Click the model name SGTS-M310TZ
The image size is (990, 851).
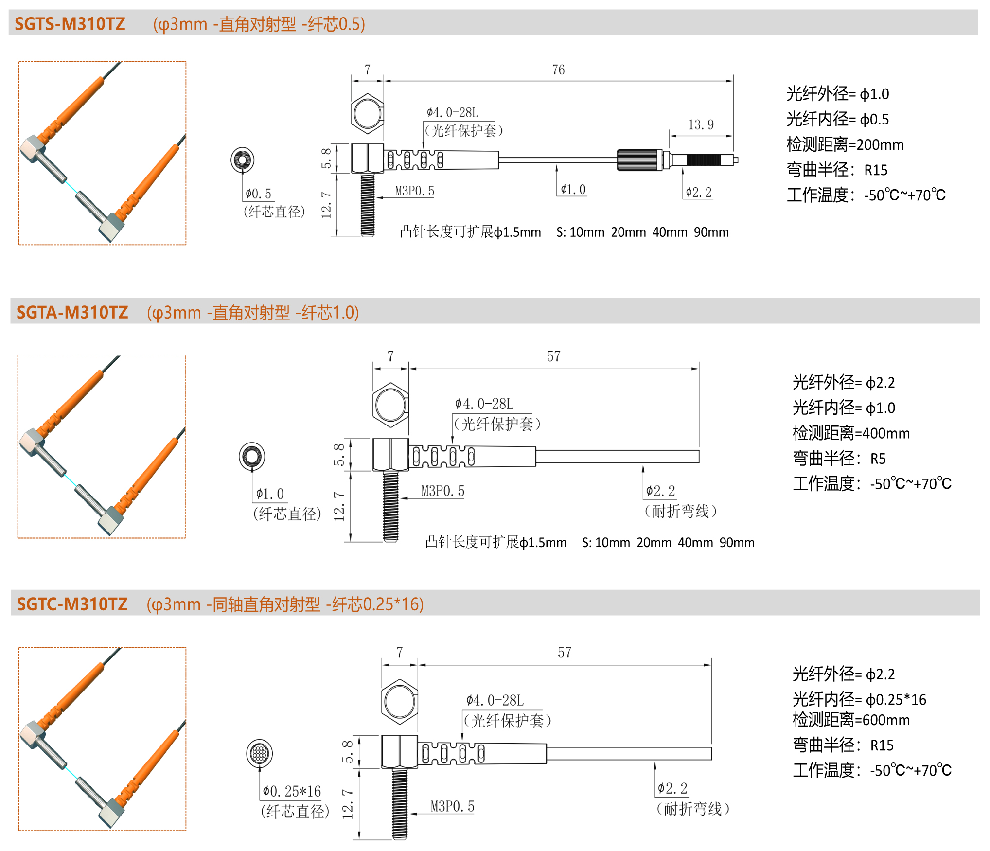(70, 24)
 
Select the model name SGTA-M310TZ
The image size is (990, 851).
(72, 312)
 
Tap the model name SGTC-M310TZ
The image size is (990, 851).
(72, 604)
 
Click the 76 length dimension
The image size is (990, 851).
(558, 70)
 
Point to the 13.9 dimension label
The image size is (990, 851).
(701, 125)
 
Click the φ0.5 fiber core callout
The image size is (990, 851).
(258, 194)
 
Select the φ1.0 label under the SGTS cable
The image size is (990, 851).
(573, 190)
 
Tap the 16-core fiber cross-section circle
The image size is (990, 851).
(259, 753)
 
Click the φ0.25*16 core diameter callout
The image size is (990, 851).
(292, 791)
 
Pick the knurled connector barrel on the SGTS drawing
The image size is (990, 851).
(639, 160)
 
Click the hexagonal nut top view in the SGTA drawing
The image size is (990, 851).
(390, 405)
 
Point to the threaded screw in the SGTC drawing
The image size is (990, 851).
(400, 804)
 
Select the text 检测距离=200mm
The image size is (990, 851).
(845, 144)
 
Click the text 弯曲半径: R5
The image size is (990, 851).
(839, 458)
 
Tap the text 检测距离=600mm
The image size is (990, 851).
(851, 720)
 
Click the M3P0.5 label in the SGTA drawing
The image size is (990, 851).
(442, 491)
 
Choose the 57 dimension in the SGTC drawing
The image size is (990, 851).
(565, 653)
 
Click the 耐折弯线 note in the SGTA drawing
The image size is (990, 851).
(681, 511)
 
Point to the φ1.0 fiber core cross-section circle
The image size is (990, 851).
(252, 456)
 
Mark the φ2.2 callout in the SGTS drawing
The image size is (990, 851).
(699, 193)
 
